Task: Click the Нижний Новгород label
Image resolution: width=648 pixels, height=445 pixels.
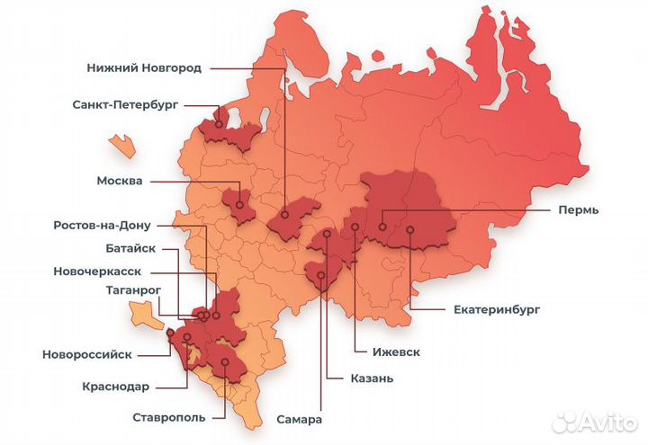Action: tap(144, 67)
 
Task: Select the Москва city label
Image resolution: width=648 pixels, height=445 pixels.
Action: tap(120, 181)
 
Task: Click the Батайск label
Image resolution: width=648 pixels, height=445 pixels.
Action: tap(130, 248)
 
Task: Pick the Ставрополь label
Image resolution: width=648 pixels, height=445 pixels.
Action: tap(168, 417)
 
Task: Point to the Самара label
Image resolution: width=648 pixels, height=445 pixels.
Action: tap(300, 420)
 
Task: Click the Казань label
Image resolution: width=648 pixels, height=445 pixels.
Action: tap(372, 378)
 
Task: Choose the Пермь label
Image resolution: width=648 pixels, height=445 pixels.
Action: tap(576, 209)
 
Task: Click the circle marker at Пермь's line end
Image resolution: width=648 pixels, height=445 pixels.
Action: tap(382, 227)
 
